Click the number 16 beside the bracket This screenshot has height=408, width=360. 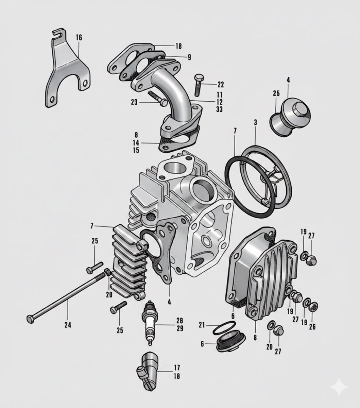[x=79, y=37]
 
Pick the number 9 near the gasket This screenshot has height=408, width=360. [x=189, y=57]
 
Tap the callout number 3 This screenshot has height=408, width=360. [x=255, y=122]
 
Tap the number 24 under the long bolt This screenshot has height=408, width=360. [x=68, y=325]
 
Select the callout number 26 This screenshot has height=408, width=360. [x=312, y=327]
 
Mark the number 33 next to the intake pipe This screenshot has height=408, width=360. [x=219, y=109]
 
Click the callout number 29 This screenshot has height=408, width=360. [x=179, y=328]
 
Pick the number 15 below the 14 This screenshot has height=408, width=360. [x=136, y=151]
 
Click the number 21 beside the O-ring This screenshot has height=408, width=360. [x=202, y=325]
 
